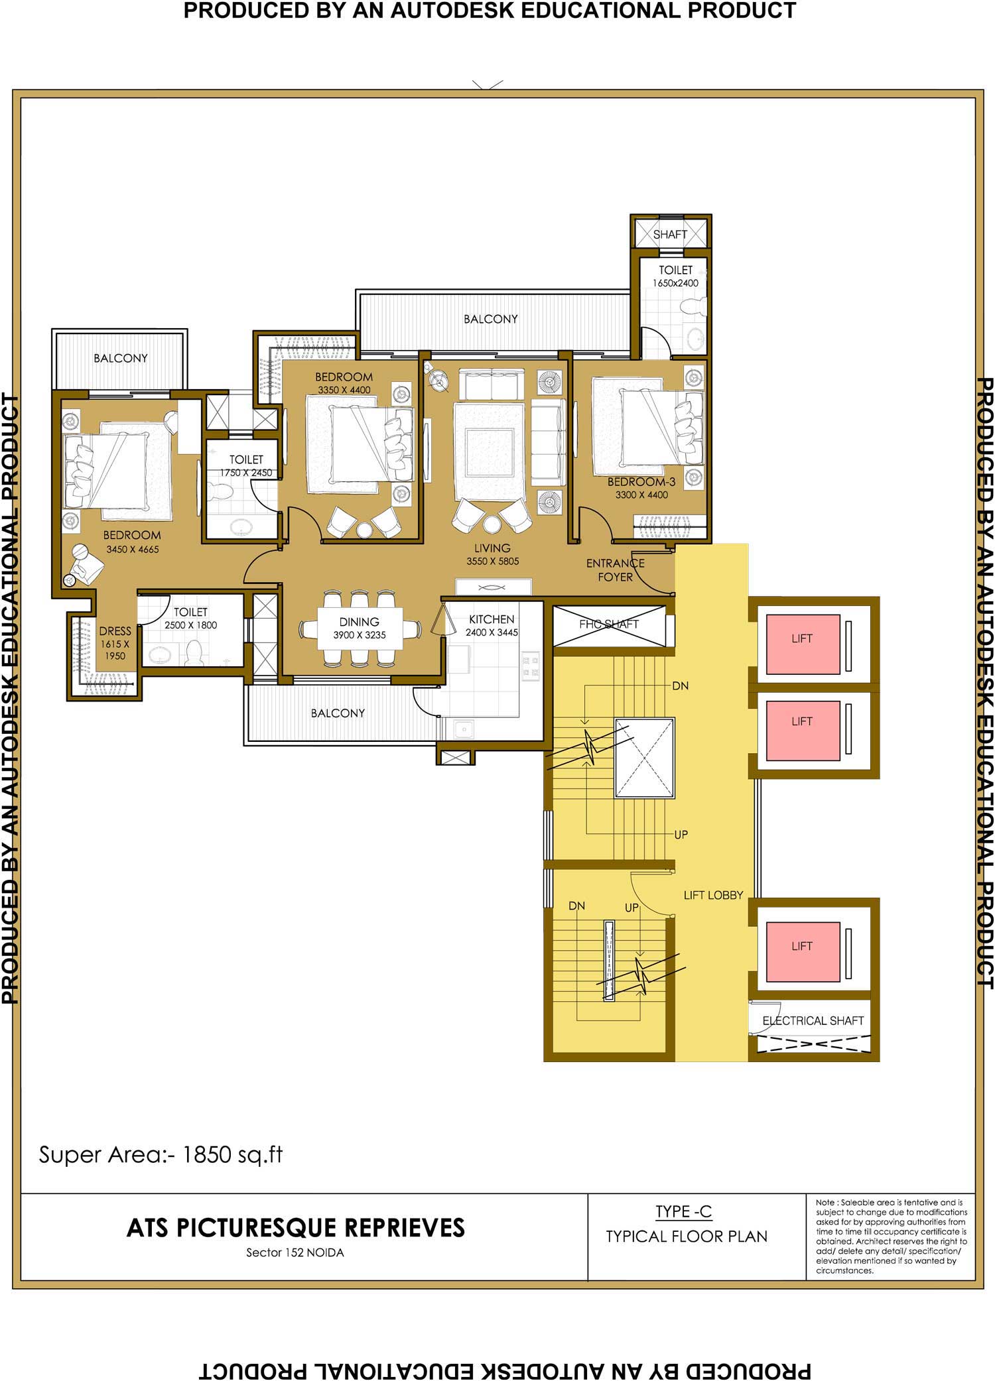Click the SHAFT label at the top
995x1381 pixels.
669,234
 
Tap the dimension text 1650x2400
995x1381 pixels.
675,283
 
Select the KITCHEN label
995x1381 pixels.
492,619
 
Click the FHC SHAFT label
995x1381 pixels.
608,624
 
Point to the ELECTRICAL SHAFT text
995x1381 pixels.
813,1020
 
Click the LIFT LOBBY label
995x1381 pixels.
713,895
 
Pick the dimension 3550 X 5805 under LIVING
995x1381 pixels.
492,561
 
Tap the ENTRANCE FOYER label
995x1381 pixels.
615,570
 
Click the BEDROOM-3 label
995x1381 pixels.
641,482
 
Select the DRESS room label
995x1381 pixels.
115,631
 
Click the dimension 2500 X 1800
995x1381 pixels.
191,625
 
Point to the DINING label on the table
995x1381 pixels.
359,622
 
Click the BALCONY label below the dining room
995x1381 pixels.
338,713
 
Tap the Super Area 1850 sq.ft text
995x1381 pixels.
161,1154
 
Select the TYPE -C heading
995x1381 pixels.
683,1211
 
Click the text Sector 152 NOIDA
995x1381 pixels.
295,1253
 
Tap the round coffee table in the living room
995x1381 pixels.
492,524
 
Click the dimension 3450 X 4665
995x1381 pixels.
133,549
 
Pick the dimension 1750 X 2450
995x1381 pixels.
246,473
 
